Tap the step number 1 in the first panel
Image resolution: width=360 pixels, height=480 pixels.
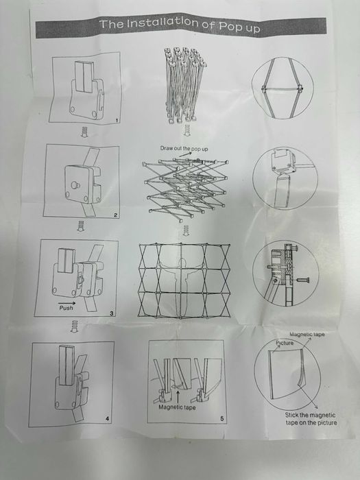pos(117,121)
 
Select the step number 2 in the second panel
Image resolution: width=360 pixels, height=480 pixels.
pos(115,215)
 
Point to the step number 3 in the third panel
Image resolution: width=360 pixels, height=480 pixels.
pos(111,313)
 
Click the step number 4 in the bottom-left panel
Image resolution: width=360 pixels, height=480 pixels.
pos(107,419)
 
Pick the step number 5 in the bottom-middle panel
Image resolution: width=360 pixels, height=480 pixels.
pos(222,418)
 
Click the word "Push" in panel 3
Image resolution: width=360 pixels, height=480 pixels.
pos(66,308)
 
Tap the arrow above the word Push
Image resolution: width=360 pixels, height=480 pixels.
pos(67,303)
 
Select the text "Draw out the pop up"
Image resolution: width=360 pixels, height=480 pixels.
pos(184,149)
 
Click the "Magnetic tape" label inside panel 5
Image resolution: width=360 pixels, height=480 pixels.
pos(177,407)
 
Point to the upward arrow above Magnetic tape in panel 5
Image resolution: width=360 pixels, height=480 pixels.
pos(178,396)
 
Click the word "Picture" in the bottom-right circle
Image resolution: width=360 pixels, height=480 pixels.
pos(285,343)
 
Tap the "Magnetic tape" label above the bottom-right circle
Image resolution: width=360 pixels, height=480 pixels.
pos(307,335)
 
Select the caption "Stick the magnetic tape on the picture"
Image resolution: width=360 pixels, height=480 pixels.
pos(311,419)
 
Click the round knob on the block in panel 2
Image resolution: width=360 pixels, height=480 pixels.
pos(74,184)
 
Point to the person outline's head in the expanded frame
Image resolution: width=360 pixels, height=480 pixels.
pos(182,263)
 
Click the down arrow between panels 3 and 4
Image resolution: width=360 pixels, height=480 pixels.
pos(74,326)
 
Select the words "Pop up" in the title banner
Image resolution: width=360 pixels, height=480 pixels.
pos(239,26)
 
